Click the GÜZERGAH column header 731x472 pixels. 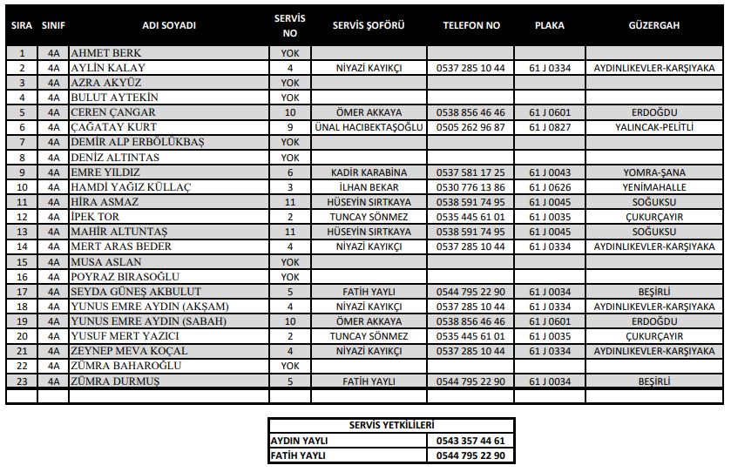[653, 25]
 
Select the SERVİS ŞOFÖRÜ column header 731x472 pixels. [369, 25]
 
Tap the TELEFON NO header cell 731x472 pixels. [471, 25]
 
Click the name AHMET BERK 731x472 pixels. [106, 53]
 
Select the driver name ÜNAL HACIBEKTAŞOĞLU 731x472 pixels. [369, 127]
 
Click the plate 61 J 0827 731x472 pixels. [550, 127]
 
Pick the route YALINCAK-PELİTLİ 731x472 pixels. [653, 127]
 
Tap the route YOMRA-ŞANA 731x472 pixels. [653, 172]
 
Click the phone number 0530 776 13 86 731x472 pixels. [471, 187]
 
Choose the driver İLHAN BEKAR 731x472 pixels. [369, 187]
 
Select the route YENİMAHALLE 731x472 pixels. [653, 187]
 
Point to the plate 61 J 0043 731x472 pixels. [550, 172]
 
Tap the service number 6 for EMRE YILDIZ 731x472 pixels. [289, 172]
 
